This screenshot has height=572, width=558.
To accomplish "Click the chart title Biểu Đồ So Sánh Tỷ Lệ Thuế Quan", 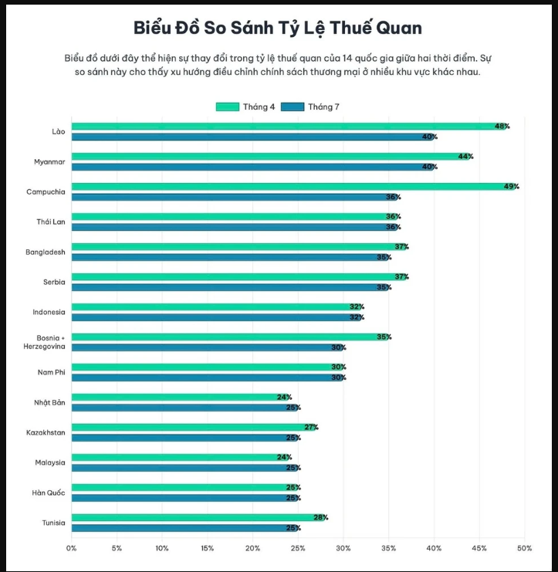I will point(279,28).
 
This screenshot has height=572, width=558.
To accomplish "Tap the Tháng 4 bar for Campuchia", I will point(293,186).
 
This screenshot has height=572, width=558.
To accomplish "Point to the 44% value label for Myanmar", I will point(465,156).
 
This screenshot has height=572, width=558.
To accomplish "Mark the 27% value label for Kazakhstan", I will point(311,427).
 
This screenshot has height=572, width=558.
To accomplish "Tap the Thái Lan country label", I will point(50,222).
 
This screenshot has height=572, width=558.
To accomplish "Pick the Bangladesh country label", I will point(46,252).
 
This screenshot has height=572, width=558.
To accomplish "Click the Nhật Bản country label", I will point(49,402).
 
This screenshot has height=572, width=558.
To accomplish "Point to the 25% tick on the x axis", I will point(298,548).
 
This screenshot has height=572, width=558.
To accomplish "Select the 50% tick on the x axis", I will point(525,548).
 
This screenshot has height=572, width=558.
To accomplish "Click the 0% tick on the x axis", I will point(72,548).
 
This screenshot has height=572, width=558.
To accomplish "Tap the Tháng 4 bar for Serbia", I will point(238,276).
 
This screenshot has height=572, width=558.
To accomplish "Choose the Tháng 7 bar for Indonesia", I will point(216,317).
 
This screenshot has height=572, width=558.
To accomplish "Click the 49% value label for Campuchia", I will point(511,186).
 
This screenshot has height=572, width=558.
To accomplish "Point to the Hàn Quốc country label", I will point(49,492).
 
